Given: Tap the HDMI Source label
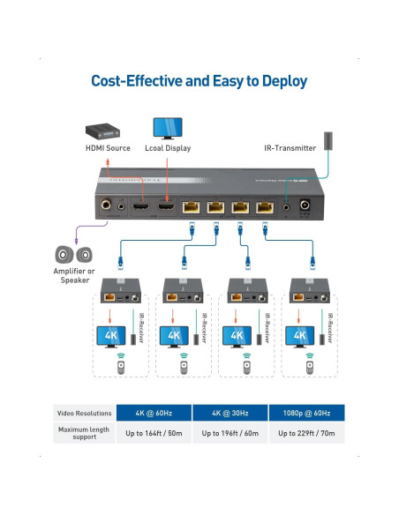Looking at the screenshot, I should coord(108,148).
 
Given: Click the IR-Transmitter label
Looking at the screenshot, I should coord(290,148).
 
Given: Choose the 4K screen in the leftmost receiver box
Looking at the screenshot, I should coord(111,336).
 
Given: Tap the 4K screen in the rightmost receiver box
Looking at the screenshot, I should coord(298,336).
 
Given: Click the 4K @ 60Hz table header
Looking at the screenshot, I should coord(155,412).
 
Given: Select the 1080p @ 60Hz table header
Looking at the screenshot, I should coord(306,412).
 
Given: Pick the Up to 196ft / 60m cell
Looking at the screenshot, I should coord(231,433).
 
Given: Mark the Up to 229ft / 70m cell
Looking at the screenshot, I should coord(306,433).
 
